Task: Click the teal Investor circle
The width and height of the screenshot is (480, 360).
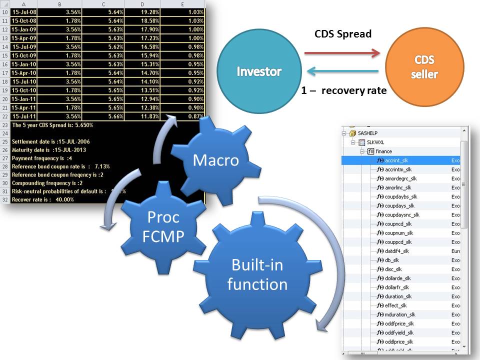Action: [259, 71]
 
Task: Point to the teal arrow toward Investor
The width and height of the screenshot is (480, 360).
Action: [342, 71]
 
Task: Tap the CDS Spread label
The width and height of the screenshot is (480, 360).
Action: [343, 34]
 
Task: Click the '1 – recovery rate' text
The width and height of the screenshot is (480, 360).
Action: [344, 91]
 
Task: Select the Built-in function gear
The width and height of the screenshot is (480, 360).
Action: [257, 274]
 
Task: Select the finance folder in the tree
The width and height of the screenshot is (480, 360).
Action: [384, 151]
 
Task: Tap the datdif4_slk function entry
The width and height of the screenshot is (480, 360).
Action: [397, 251]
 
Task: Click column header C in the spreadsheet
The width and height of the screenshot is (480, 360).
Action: [102, 3]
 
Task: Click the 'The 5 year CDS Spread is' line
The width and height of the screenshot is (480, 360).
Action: [52, 125]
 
